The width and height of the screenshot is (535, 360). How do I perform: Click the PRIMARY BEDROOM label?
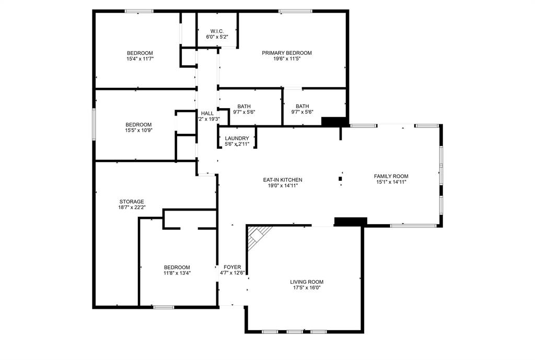287,53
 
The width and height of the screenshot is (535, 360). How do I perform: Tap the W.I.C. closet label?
217,31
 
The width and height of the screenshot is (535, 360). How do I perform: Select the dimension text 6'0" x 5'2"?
217,37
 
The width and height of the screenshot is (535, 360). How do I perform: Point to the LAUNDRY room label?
237,138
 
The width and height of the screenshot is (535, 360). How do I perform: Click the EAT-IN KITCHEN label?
282,180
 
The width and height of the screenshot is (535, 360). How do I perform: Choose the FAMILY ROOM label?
391,176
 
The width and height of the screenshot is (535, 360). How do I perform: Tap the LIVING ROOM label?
307,282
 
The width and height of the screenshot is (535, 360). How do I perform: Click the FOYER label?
232,267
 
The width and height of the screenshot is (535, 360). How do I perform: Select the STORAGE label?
131,201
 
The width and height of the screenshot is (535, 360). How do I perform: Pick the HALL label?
207,113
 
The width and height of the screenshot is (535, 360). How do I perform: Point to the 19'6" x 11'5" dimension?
287,59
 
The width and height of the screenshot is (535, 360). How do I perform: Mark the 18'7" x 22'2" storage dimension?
131,207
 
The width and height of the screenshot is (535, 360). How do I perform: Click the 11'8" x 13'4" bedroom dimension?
177,273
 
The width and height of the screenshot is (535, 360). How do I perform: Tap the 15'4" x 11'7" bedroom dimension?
139,59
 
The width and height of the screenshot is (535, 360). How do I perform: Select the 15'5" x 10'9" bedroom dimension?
138,131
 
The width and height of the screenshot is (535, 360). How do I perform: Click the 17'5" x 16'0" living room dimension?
307,288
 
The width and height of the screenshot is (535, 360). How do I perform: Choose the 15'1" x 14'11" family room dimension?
391,182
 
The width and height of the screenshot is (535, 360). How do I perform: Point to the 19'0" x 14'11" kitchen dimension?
282,186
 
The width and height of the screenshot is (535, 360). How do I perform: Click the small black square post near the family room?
341,179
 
